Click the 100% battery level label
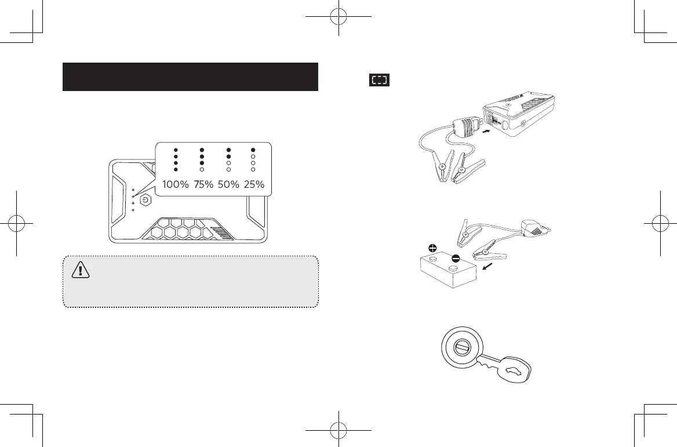175,184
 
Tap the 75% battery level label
203,184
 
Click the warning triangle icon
78,268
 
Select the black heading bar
190,77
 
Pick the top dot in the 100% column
175,150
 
